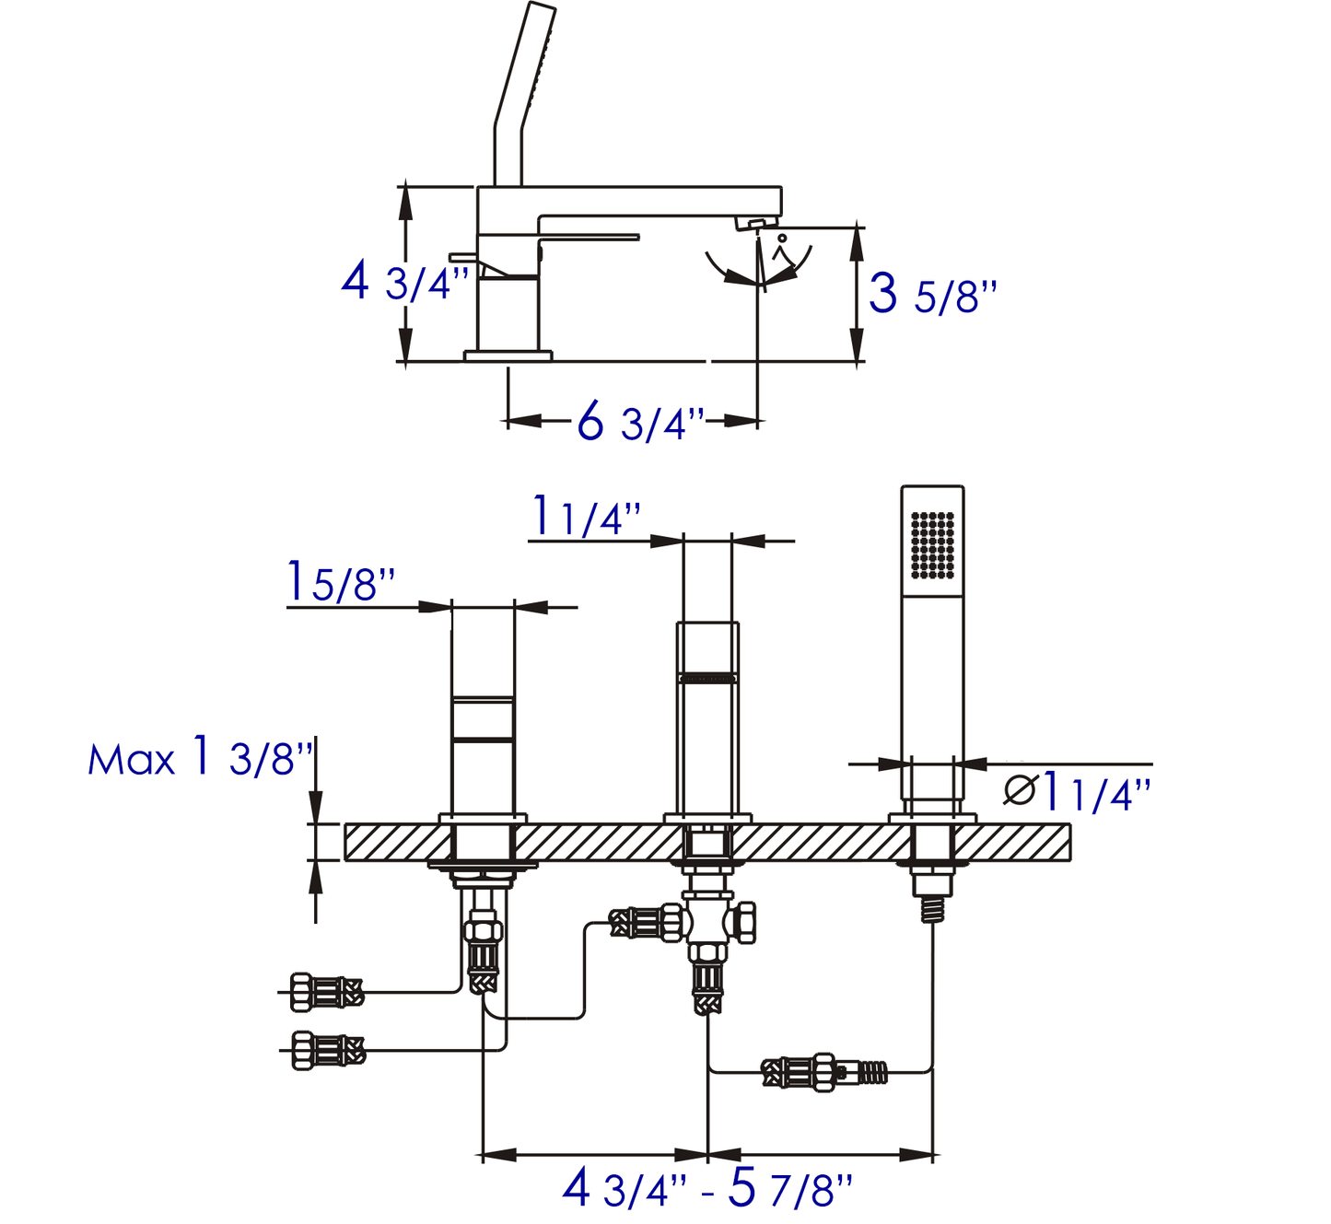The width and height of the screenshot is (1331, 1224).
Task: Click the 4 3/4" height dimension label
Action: point(405,281)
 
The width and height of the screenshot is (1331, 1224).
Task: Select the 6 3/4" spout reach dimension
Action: point(641,423)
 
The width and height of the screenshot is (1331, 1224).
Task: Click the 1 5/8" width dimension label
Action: point(341,583)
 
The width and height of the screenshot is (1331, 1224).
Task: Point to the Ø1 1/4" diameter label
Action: point(1076,792)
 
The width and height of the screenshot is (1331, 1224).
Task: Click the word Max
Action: point(131,761)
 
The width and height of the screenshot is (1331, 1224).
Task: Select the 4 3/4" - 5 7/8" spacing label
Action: point(706,1188)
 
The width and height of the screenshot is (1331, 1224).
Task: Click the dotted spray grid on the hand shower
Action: point(932,545)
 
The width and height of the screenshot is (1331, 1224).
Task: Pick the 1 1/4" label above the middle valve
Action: point(586,517)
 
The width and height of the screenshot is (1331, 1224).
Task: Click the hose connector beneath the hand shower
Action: point(823,1072)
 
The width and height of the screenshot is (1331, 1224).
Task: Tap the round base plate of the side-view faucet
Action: point(508,356)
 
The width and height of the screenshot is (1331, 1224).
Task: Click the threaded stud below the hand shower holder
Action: point(932,907)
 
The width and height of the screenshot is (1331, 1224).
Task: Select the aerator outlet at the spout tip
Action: point(754,224)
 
